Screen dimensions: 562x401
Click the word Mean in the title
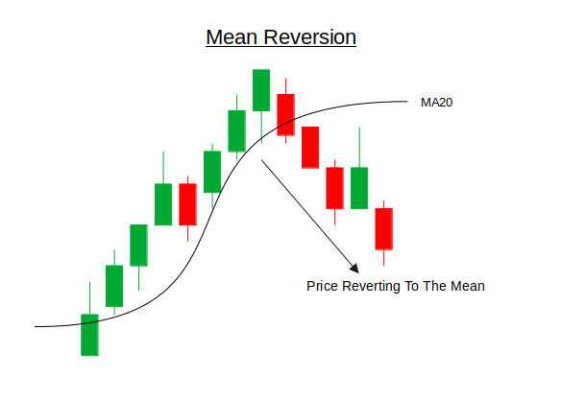point(232,36)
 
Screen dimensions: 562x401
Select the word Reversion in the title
point(309,36)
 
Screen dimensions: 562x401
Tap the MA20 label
point(436,103)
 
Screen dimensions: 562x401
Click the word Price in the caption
point(323,286)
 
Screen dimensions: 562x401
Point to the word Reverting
point(371,287)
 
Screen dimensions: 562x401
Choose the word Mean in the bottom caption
point(468,286)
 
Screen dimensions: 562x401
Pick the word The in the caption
point(435,286)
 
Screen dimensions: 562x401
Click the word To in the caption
point(411,286)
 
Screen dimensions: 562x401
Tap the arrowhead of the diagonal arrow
point(354,269)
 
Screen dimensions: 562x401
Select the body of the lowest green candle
point(89,335)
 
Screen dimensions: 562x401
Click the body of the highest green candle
point(261,90)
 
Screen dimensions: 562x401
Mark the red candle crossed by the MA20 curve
point(286,115)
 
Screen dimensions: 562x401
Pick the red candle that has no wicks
point(310,148)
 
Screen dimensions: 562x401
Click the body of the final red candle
point(384,229)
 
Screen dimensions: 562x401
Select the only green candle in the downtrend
point(359,188)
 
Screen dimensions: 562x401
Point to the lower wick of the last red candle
point(384,258)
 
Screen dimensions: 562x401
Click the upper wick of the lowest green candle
point(89,298)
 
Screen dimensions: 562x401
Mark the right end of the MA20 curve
point(407,102)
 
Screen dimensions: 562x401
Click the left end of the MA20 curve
point(36,326)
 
